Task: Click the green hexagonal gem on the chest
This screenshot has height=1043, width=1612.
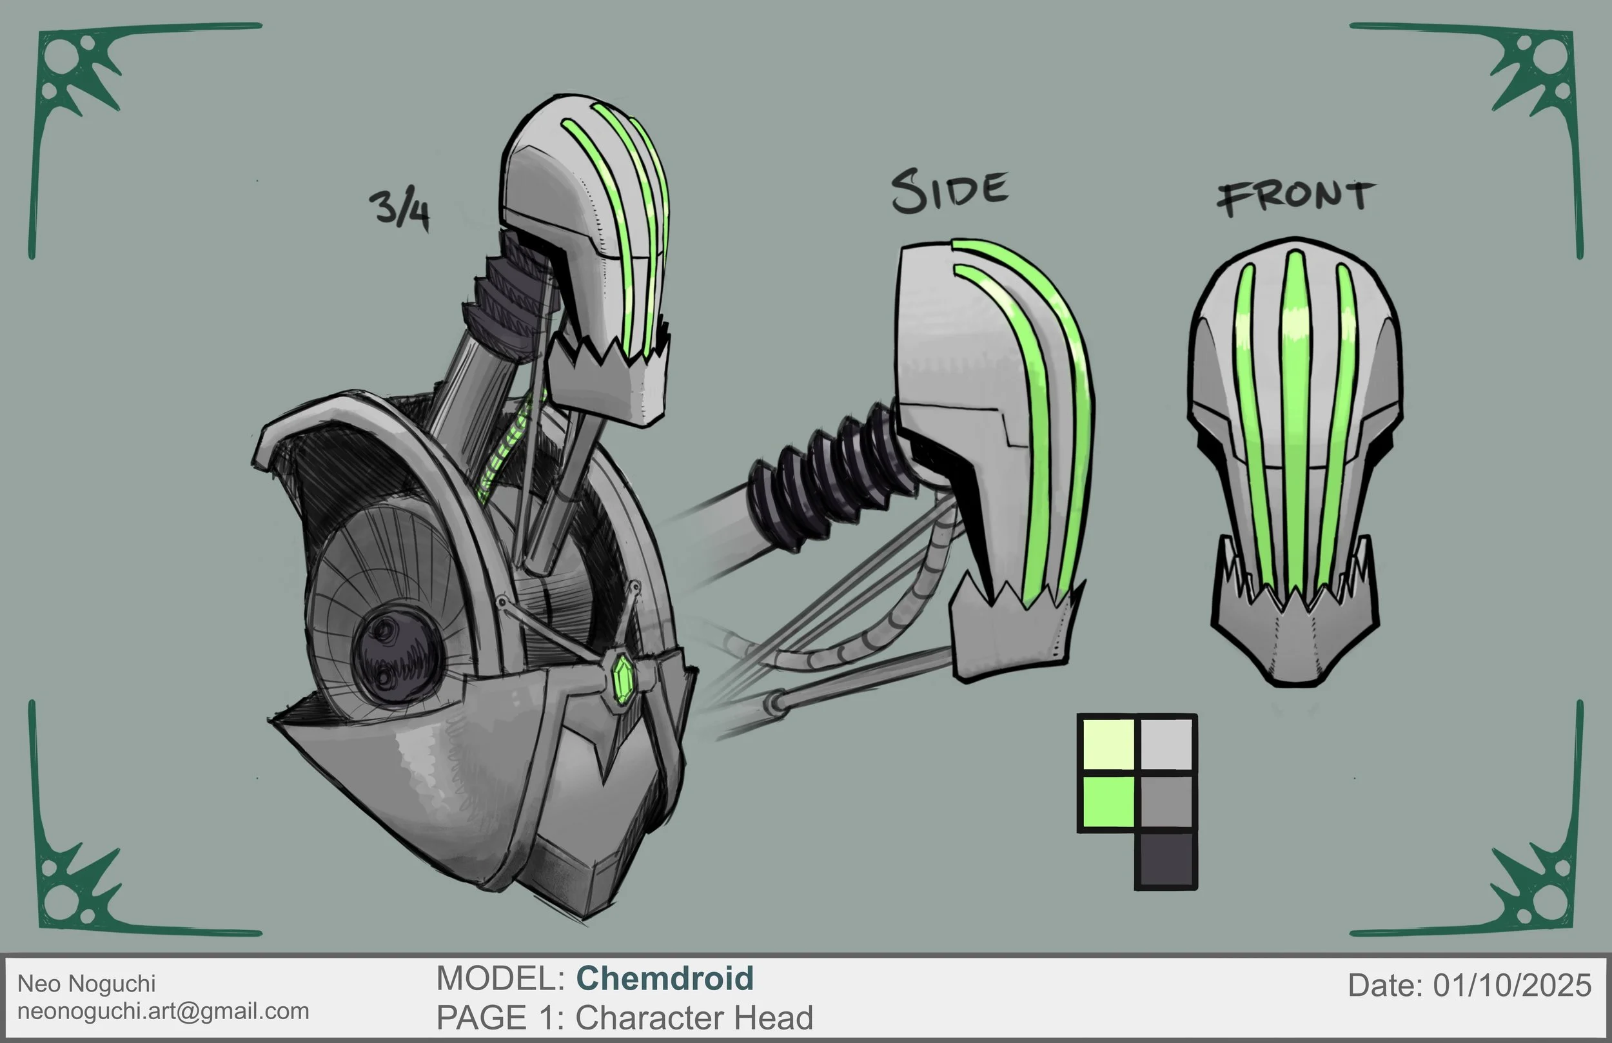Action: (x=622, y=674)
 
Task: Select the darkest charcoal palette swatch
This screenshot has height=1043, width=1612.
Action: (x=1166, y=860)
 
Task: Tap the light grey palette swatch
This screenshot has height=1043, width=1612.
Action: (x=1166, y=745)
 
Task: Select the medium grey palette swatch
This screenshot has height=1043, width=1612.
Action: (x=1166, y=801)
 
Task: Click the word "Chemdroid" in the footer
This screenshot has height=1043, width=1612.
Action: (x=664, y=979)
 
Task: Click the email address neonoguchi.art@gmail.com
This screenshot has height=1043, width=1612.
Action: (x=163, y=1011)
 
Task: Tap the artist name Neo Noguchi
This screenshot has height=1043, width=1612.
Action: (x=86, y=984)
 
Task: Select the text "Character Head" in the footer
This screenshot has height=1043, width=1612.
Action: (x=694, y=1018)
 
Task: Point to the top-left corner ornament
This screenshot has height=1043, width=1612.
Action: (x=78, y=75)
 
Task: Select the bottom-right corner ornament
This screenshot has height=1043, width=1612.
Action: (x=1534, y=887)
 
